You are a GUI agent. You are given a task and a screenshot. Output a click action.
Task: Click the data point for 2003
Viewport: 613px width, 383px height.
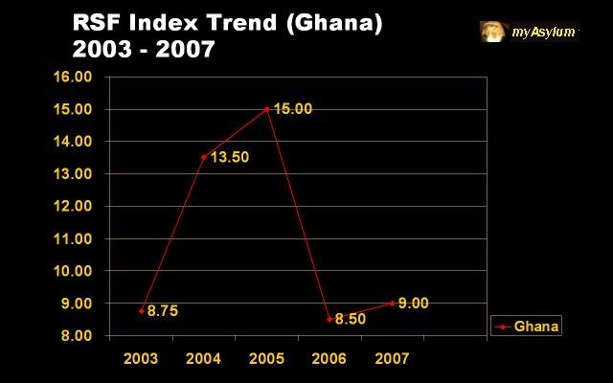142,311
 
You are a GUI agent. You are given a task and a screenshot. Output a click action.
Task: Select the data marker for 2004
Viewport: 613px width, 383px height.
204,157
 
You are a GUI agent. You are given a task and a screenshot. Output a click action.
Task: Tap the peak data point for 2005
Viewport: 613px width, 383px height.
266,109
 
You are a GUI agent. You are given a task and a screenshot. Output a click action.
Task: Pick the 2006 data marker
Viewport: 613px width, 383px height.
329,319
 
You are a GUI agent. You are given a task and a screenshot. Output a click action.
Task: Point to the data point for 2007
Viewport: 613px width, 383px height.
391,303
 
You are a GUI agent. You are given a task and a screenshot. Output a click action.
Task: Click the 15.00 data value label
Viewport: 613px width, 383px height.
293,109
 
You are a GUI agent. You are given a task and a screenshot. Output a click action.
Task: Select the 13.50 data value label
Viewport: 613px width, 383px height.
230,157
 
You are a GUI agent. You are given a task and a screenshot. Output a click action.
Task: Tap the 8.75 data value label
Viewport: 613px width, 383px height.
162,311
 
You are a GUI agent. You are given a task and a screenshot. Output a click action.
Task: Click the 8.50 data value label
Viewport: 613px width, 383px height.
351,319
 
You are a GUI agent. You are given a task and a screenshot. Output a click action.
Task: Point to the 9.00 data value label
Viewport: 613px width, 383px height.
414,303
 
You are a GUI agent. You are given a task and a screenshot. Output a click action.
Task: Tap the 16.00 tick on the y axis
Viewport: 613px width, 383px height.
81,77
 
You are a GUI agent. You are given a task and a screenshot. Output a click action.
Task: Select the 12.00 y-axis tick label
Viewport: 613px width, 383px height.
81,206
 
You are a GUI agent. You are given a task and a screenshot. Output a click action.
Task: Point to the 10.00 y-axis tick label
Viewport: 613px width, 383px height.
81,271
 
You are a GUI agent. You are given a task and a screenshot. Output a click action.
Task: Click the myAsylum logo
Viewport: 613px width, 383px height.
530,32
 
